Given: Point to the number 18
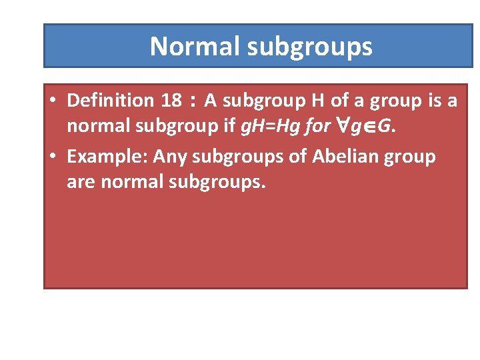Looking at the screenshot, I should [x=171, y=101].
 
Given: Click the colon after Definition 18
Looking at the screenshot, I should [x=193, y=102].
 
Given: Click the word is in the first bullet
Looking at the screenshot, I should [x=431, y=101].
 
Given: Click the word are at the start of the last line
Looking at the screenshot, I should [x=81, y=183].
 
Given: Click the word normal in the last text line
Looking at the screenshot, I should [x=129, y=183].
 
